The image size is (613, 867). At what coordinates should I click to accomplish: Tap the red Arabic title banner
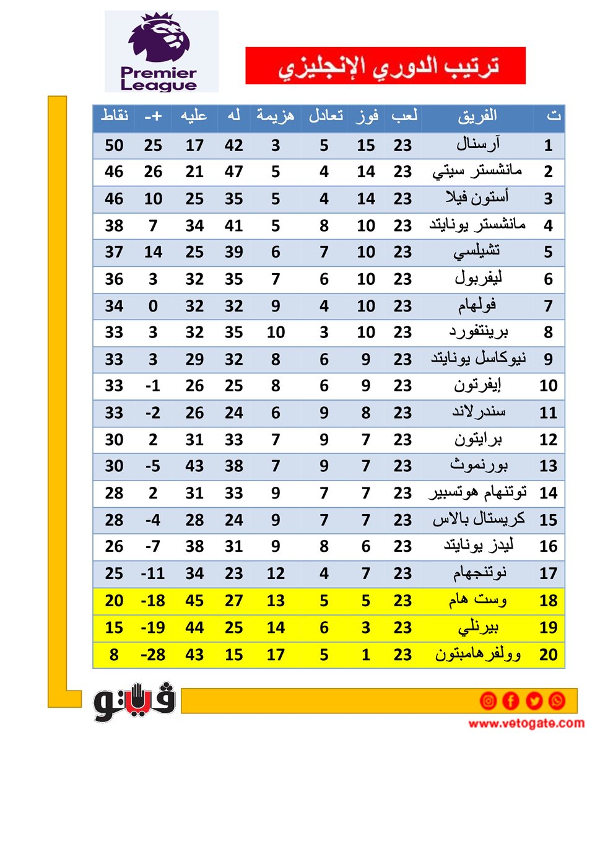click(385, 66)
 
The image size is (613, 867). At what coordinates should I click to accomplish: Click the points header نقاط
click(115, 116)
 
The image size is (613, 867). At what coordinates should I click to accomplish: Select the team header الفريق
click(477, 116)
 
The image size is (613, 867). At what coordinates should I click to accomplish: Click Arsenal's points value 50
click(114, 146)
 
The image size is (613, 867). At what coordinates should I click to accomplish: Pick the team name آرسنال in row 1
click(477, 145)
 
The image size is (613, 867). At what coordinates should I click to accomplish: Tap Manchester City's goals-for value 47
click(233, 172)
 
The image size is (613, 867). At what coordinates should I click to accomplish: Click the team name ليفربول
click(477, 279)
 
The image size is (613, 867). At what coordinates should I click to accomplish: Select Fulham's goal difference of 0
click(153, 306)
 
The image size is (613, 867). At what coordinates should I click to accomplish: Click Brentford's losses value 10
click(276, 333)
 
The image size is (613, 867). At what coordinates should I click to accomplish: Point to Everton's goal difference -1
click(153, 386)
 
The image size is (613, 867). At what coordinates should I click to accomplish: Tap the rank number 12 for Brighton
click(548, 440)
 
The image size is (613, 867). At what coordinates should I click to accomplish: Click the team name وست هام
click(477, 600)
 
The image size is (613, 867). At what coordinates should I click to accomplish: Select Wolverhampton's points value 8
click(114, 655)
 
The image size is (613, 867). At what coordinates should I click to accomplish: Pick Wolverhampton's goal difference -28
click(153, 655)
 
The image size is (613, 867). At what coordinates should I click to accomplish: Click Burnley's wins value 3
click(366, 627)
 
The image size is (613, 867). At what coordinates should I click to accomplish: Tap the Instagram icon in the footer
click(488, 700)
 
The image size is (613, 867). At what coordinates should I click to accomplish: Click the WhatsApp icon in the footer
click(557, 700)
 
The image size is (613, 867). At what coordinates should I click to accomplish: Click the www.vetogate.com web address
click(526, 723)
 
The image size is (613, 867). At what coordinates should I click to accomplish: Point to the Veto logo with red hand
click(134, 702)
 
